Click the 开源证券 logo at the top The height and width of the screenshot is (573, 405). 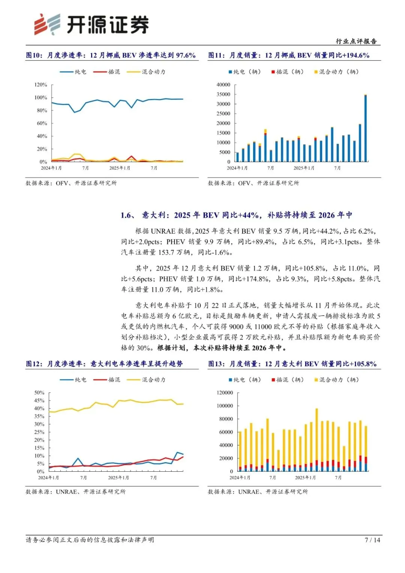pyautogui.click(x=91, y=25)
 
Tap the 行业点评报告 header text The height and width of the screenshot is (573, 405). pyautogui.click(x=356, y=41)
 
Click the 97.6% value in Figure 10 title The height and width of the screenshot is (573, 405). pyautogui.click(x=186, y=56)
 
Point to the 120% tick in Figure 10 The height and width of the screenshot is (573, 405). pyautogui.click(x=41, y=85)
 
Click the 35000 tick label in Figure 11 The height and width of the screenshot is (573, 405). pyautogui.click(x=223, y=95)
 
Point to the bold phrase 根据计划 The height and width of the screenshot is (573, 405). pyautogui.click(x=172, y=348)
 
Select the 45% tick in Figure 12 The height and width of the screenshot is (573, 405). pyautogui.click(x=39, y=401)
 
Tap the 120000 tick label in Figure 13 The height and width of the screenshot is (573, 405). pyautogui.click(x=225, y=393)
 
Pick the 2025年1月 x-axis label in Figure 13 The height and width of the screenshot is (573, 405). pyautogui.click(x=305, y=478)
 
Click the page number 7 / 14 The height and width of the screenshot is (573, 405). pyautogui.click(x=372, y=540)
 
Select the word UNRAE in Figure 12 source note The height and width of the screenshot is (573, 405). pyautogui.click(x=66, y=492)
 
